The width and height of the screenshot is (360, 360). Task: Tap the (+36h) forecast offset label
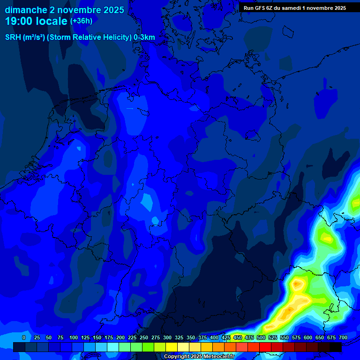point(82,21)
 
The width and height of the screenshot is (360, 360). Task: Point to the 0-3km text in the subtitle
point(144,37)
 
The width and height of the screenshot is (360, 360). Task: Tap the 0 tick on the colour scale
point(24,337)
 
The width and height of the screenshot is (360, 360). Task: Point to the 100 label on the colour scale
point(74,337)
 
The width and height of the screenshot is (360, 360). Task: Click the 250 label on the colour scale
point(144,337)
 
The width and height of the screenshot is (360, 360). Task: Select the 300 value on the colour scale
point(167,337)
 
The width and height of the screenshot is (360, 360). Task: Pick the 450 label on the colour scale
point(238,337)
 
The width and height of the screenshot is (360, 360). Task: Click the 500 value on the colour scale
point(261,337)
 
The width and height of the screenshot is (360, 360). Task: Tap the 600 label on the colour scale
point(308,337)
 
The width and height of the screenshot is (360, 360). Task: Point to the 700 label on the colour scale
point(343,337)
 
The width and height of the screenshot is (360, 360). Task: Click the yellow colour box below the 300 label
point(172,347)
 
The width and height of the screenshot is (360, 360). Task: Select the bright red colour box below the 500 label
point(265,347)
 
